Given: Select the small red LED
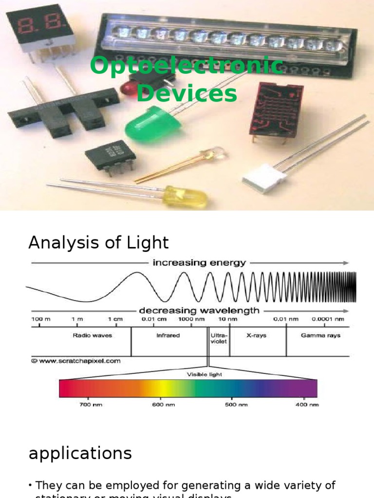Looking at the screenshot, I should [x=130, y=88].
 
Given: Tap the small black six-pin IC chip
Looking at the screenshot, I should [x=111, y=155].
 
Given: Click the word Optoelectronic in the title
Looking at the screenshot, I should [x=187, y=65].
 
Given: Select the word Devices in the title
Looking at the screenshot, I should [x=187, y=93].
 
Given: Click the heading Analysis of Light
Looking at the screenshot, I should [x=98, y=242].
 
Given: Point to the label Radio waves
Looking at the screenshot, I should [x=92, y=336].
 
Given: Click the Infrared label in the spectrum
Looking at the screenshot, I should [x=168, y=336].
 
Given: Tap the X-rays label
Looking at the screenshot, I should [x=256, y=336].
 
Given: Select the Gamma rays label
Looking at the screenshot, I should [x=320, y=336].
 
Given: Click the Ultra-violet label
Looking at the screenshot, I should [x=218, y=338].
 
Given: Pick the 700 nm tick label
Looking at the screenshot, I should [x=91, y=405].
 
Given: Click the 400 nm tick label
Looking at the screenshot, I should [x=307, y=405].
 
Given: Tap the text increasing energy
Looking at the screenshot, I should [x=199, y=263].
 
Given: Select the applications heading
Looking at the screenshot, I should [x=80, y=453].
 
